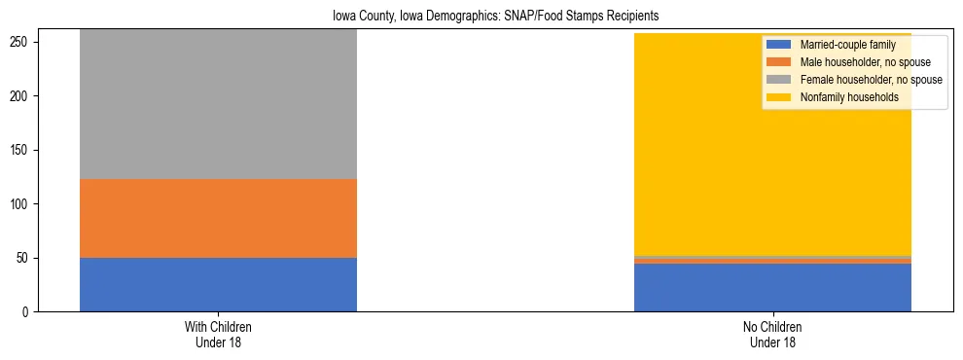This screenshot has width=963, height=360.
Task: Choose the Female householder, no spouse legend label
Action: (x=869, y=81)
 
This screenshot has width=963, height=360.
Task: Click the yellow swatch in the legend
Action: (x=779, y=98)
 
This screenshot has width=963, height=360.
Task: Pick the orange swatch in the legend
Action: (x=779, y=63)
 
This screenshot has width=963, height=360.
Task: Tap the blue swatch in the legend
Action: (x=779, y=46)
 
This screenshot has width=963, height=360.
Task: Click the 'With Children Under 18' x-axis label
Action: (x=218, y=335)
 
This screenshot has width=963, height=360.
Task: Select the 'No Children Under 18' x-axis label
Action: (x=772, y=335)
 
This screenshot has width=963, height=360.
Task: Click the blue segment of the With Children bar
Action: (x=218, y=284)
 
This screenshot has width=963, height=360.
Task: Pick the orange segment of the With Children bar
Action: (x=218, y=218)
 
